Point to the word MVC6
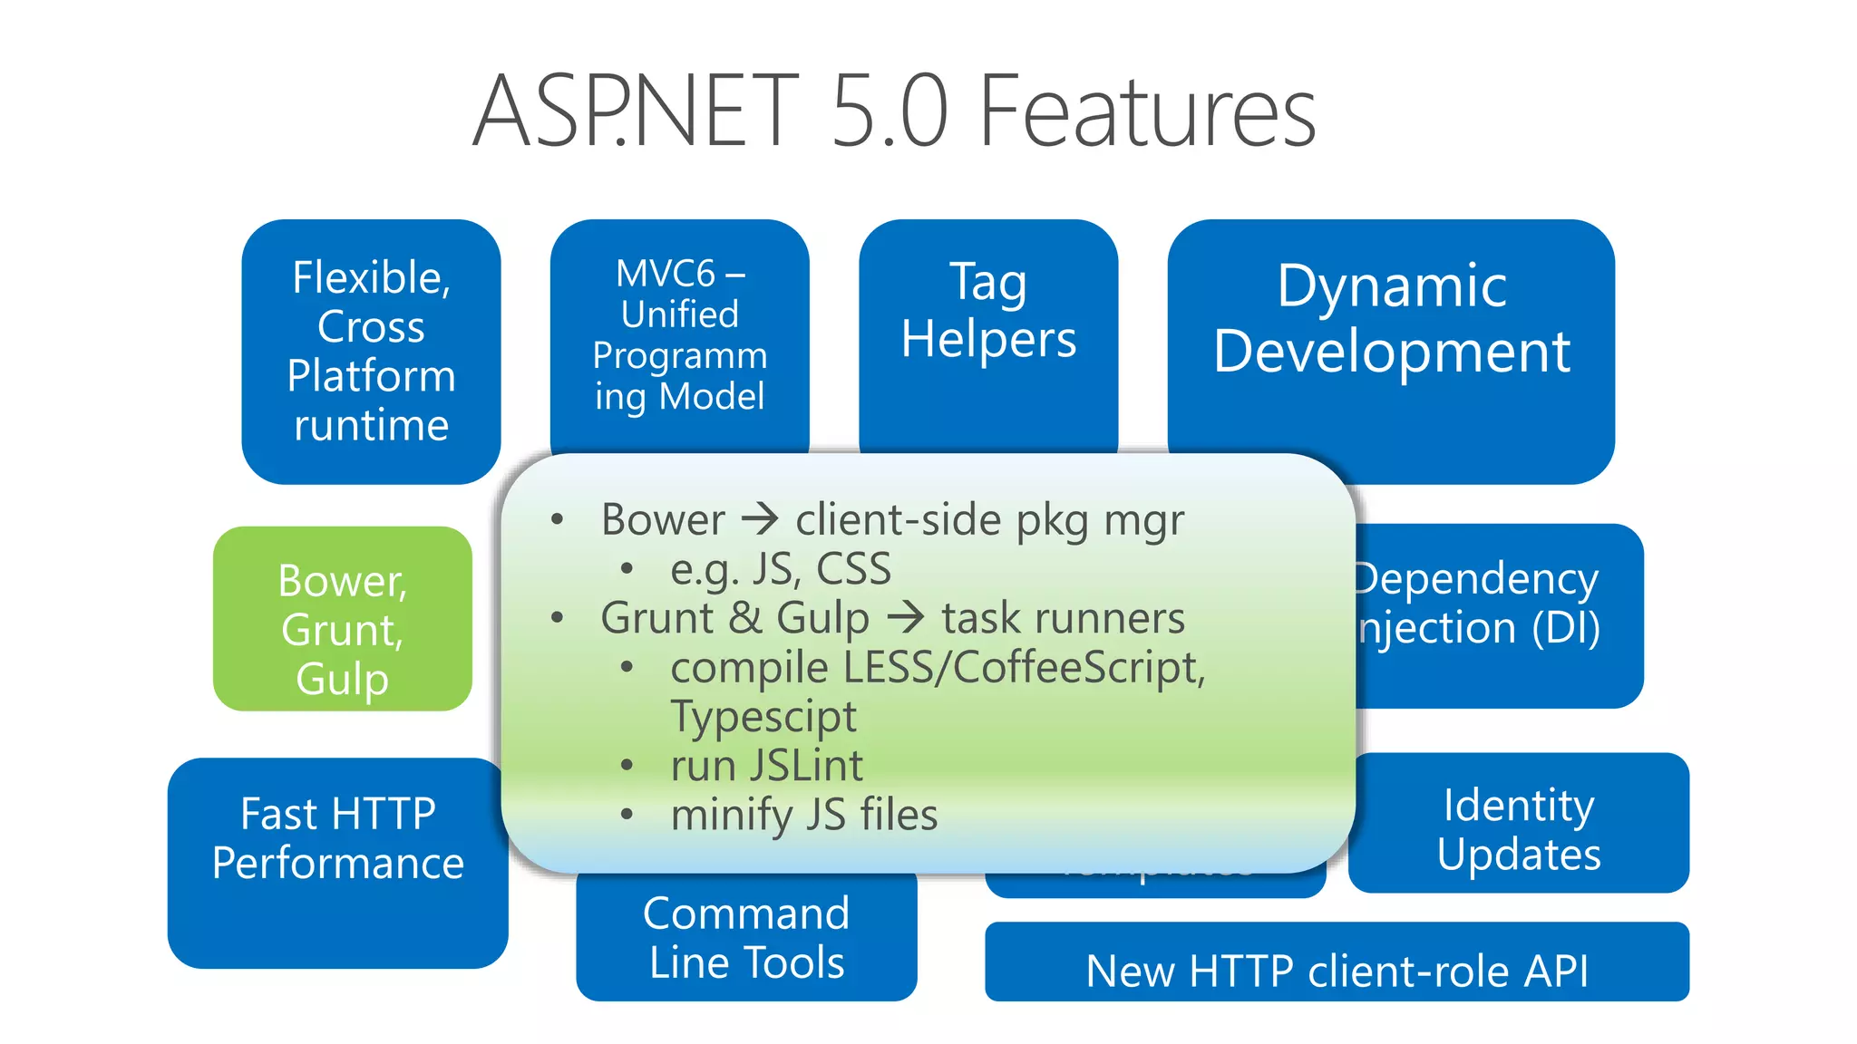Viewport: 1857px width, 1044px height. [666, 274]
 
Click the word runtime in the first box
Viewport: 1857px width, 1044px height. [371, 425]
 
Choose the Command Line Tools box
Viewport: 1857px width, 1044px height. [746, 938]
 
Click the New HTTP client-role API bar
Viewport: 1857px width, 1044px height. [1337, 970]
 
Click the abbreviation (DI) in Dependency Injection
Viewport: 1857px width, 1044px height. [1566, 628]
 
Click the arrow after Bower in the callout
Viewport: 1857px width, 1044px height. [760, 519]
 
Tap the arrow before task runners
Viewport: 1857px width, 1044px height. [905, 618]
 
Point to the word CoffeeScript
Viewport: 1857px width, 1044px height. [1079, 668]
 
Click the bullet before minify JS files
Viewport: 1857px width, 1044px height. [627, 815]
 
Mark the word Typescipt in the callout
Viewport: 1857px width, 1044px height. [763, 717]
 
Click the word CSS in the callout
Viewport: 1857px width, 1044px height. [853, 569]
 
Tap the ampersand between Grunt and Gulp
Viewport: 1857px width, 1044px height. [744, 618]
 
